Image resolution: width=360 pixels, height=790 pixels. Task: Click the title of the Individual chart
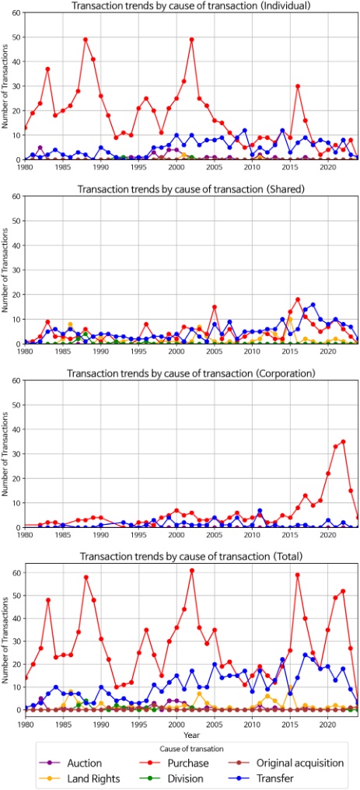tap(190, 5)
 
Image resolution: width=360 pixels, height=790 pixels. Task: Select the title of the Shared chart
tap(190, 190)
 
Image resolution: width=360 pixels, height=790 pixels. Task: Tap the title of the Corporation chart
tap(190, 374)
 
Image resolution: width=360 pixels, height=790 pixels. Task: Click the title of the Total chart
tap(190, 558)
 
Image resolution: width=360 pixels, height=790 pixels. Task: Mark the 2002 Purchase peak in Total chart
tap(191, 570)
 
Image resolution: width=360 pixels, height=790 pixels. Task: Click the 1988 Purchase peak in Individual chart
tap(86, 39)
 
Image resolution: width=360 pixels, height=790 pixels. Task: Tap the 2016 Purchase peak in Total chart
tap(298, 575)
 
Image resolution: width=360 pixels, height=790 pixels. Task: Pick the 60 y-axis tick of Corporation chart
tap(17, 381)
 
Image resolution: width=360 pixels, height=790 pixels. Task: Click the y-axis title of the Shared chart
tap(7, 270)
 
